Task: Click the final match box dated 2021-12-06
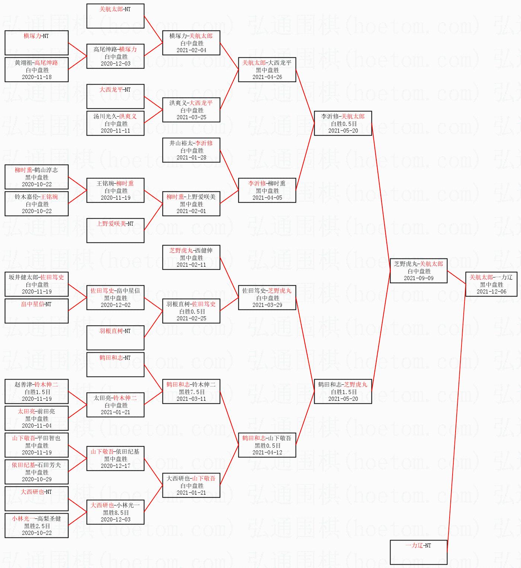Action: (491, 284)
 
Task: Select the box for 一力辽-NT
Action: (418, 552)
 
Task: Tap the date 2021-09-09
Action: (418, 278)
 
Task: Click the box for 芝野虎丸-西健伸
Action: (191, 257)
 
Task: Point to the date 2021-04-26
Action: (267, 77)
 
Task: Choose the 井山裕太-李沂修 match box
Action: (191, 150)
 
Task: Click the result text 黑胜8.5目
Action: (115, 513)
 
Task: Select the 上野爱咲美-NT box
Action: (115, 230)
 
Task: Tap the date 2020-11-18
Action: (36, 77)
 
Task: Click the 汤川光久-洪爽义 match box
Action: (115, 123)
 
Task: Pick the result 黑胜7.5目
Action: (191, 392)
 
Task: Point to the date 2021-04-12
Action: (267, 453)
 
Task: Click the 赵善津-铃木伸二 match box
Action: (36, 391)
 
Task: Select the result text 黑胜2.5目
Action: (36, 526)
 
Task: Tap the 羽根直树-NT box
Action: (115, 337)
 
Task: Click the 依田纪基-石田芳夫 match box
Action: (36, 472)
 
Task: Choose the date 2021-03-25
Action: (191, 117)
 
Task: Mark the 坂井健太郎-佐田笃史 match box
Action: (36, 284)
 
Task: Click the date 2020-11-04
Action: (36, 426)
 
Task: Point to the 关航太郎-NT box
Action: (115, 16)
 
